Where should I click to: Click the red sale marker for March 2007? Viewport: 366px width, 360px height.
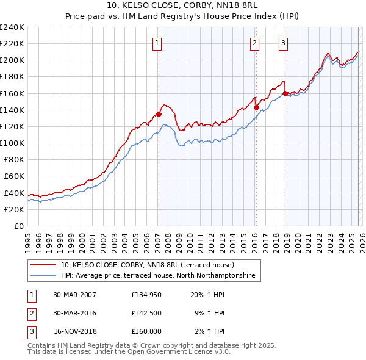pyautogui.click(x=159, y=113)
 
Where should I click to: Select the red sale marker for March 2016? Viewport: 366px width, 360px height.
pyautogui.click(x=256, y=107)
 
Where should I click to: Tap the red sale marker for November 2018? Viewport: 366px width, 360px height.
pyautogui.click(x=285, y=94)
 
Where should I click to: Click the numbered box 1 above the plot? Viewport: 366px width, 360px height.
pyautogui.click(x=157, y=43)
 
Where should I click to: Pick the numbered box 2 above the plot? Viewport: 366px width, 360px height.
pyautogui.click(x=254, y=43)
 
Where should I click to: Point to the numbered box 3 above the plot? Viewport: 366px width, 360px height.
pyautogui.click(x=284, y=43)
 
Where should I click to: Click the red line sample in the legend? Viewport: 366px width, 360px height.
pyautogui.click(x=43, y=265)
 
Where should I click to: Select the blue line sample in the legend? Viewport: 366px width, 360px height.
pyautogui.click(x=43, y=276)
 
